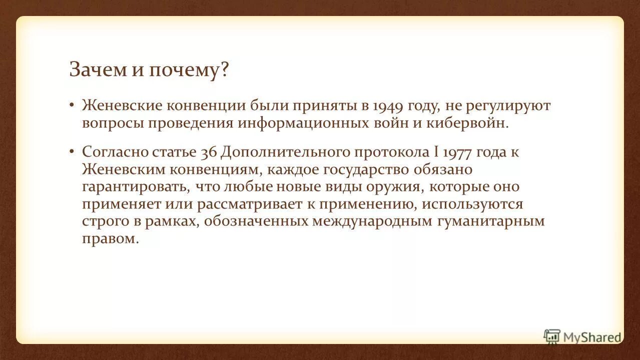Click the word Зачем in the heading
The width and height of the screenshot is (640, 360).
tap(98, 69)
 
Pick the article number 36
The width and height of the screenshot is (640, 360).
tap(208, 152)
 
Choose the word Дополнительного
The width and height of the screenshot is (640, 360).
tap(286, 152)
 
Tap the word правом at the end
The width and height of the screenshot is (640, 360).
tap(109, 239)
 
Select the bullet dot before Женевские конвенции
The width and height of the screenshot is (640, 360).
tap(72, 105)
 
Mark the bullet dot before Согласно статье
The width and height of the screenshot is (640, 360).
tap(72, 151)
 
